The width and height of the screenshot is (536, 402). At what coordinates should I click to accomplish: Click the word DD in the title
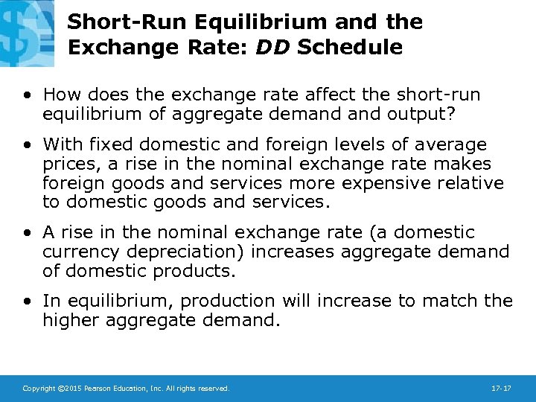pos(273,48)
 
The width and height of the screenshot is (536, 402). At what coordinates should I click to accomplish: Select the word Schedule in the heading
pos(350,48)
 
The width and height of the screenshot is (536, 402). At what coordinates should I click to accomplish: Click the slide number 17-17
pos(501,389)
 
